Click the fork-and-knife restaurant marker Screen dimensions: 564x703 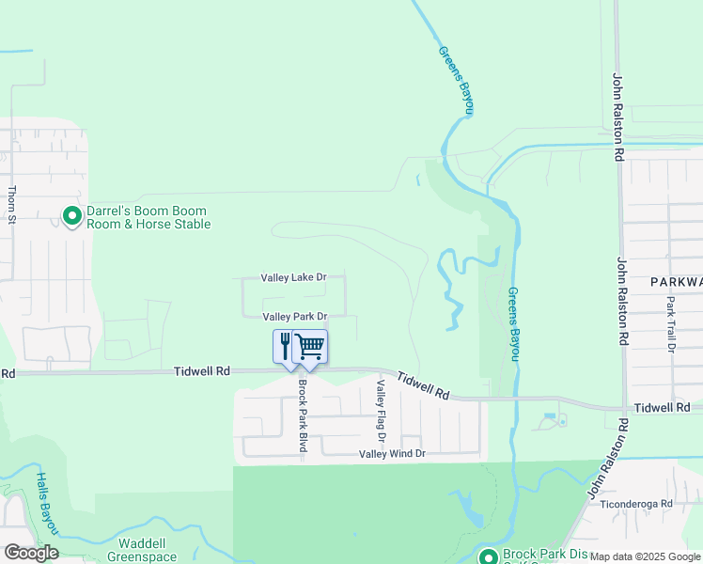click(x=286, y=345)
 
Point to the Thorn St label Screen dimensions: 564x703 click(x=12, y=204)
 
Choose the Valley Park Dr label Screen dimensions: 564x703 click(x=294, y=317)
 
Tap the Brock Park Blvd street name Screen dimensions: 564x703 click(x=303, y=415)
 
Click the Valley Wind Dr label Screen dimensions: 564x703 click(x=393, y=454)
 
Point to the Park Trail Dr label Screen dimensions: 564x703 click(x=671, y=325)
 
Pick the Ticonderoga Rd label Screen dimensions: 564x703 click(x=642, y=504)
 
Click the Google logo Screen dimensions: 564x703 click(x=31, y=553)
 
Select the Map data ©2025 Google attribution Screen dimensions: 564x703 click(x=646, y=556)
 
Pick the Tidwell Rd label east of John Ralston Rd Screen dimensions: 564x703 click(x=663, y=407)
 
